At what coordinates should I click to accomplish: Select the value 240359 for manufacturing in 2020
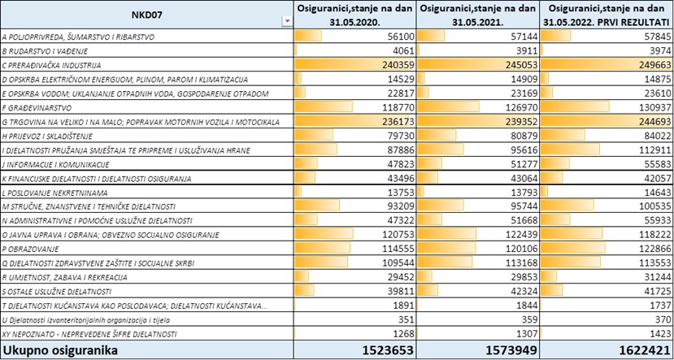tap(398, 65)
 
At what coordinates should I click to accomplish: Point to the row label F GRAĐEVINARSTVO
tap(37, 108)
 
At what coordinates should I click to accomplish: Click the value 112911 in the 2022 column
tap(654, 150)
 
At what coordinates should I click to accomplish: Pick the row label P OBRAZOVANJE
tap(31, 249)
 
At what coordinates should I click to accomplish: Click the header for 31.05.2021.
tap(477, 14)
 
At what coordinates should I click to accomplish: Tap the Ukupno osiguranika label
tap(59, 350)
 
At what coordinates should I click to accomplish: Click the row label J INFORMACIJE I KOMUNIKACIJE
tap(56, 164)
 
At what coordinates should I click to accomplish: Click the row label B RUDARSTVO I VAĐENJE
tap(46, 51)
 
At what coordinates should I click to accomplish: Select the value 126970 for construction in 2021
tap(522, 108)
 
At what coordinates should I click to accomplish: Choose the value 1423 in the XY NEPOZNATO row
tap(660, 334)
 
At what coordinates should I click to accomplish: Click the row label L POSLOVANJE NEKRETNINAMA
tap(55, 193)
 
